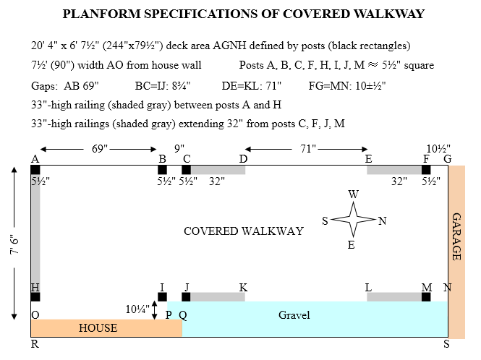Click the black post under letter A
(x=35, y=170)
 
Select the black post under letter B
(x=162, y=170)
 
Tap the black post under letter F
(x=426, y=170)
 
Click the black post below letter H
(x=35, y=296)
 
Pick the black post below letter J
(x=186, y=296)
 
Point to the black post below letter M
(x=426, y=296)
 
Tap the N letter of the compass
(x=383, y=221)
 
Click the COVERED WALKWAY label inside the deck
(x=243, y=231)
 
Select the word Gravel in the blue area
(x=294, y=315)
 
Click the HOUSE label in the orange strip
(x=98, y=328)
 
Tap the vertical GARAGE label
(x=456, y=236)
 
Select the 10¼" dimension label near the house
(x=137, y=309)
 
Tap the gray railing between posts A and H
(x=35, y=231)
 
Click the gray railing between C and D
(x=218, y=170)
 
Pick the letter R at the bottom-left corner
(x=35, y=345)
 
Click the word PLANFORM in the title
(x=101, y=14)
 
